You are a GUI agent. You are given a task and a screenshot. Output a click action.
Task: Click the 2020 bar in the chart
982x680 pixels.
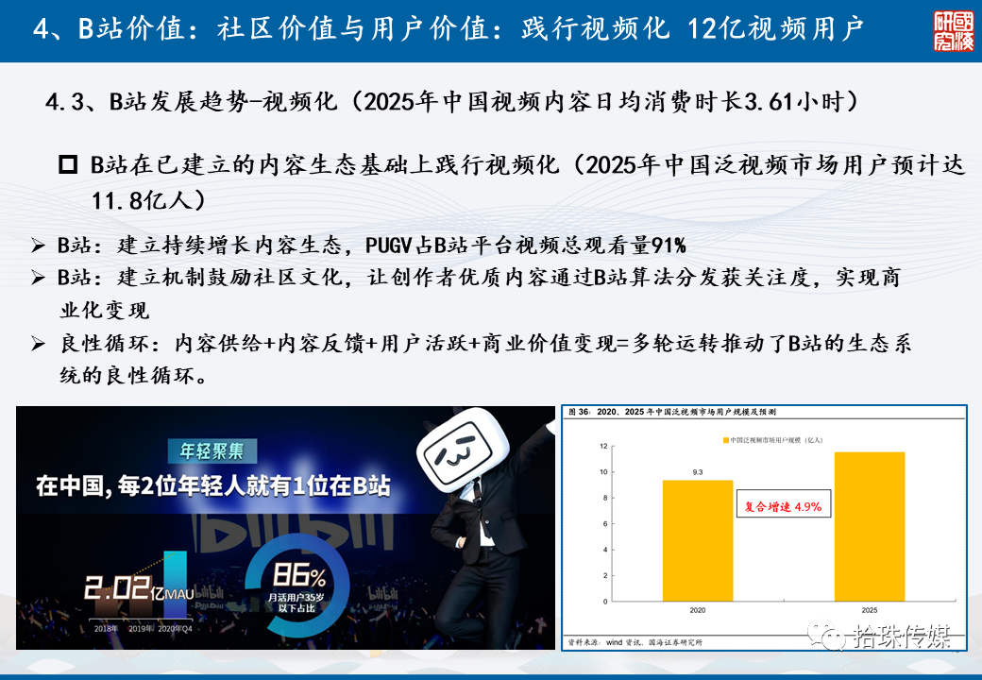pyautogui.click(x=697, y=540)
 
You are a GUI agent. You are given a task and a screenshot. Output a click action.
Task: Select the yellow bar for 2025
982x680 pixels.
pyautogui.click(x=869, y=526)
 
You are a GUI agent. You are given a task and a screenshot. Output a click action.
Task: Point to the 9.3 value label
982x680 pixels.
pyautogui.click(x=697, y=471)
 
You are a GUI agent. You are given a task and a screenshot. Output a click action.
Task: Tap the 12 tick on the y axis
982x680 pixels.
pyautogui.click(x=602, y=446)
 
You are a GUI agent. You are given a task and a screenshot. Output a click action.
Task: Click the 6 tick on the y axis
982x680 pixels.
pyautogui.click(x=604, y=523)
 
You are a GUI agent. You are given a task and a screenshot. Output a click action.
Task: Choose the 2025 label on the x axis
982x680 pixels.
pyautogui.click(x=869, y=611)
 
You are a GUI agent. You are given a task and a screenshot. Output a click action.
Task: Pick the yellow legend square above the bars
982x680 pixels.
pyautogui.click(x=726, y=440)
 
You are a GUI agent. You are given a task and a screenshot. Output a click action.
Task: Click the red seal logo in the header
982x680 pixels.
pyautogui.click(x=953, y=31)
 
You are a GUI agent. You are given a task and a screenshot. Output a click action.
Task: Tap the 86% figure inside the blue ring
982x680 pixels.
pyautogui.click(x=300, y=575)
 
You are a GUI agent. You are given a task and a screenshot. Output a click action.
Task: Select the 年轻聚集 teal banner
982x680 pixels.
pyautogui.click(x=205, y=451)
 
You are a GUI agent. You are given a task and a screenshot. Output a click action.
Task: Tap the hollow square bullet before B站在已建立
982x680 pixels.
pyautogui.click(x=68, y=165)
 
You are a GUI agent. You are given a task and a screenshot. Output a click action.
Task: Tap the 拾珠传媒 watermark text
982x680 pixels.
pyautogui.click(x=901, y=637)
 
